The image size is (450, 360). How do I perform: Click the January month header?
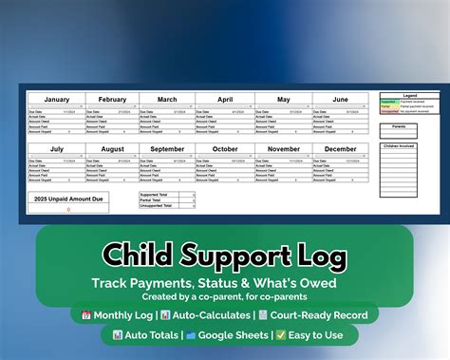[56, 99]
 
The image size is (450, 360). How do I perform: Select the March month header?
[167, 99]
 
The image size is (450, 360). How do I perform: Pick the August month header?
[112, 149]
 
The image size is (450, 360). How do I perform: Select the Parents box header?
[399, 124]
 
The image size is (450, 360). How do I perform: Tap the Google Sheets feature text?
[234, 335]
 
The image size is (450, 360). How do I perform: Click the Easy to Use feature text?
[315, 335]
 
